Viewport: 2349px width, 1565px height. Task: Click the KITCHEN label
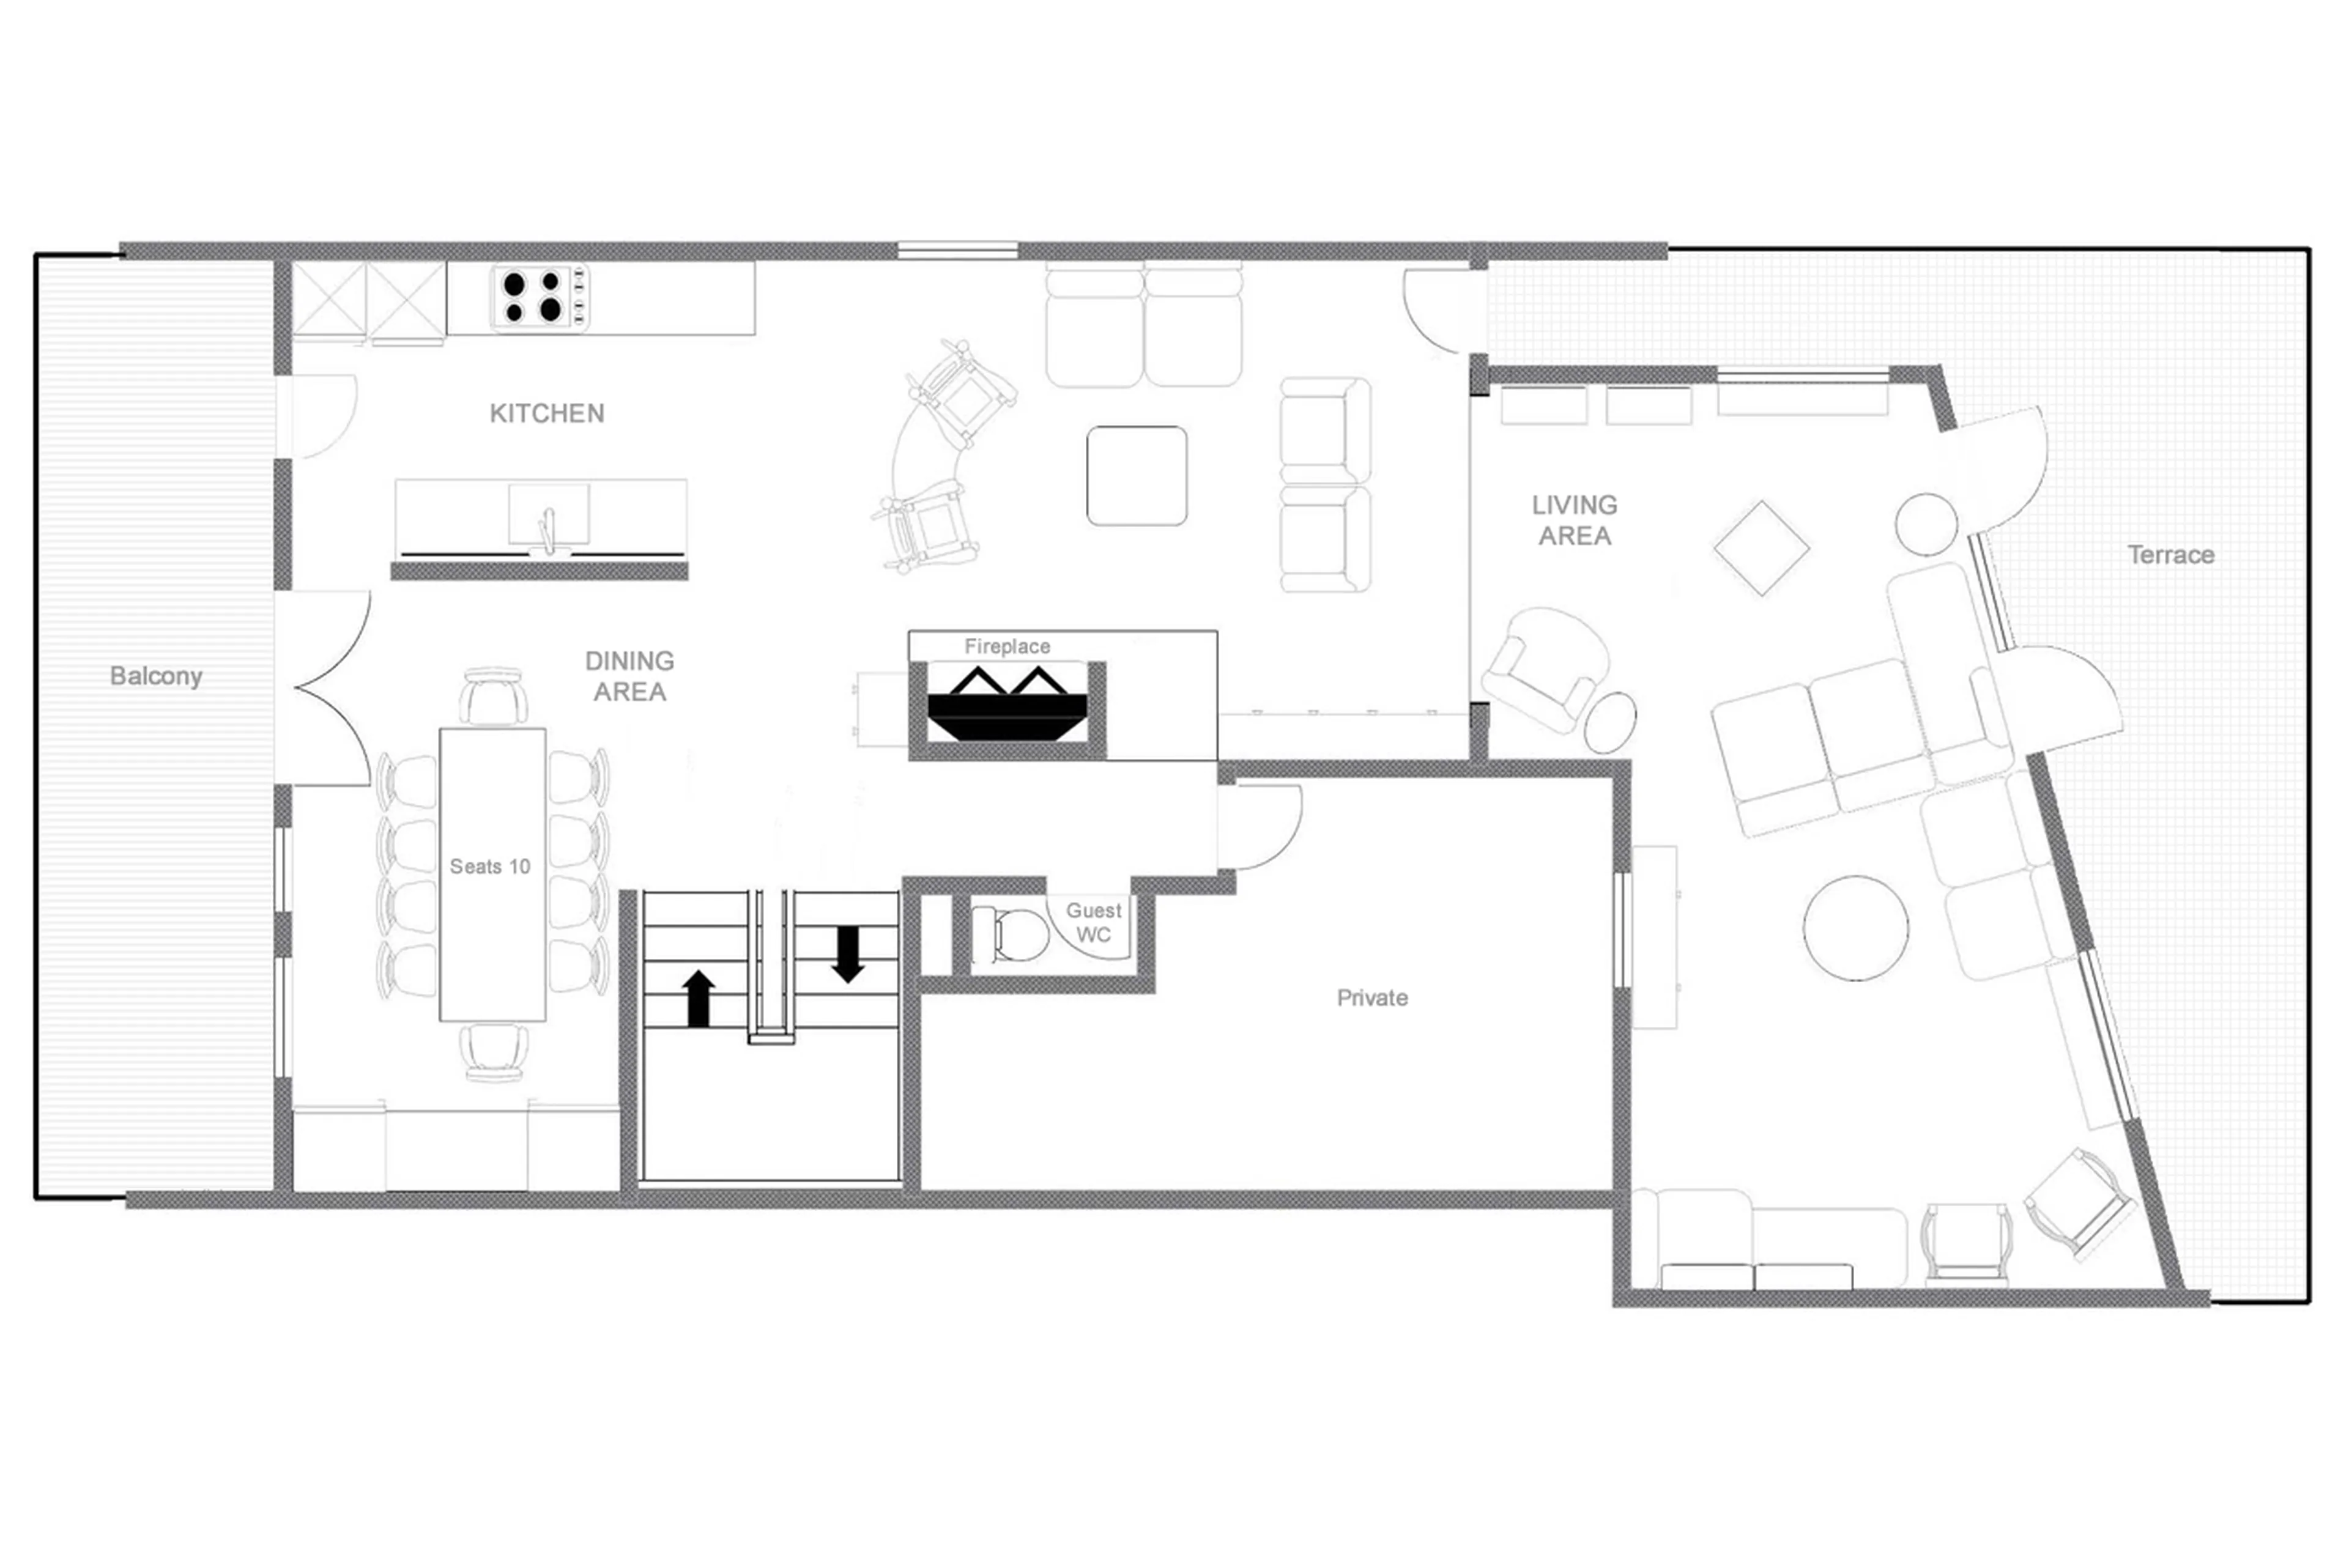[x=546, y=413]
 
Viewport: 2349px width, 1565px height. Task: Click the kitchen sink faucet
[x=547, y=529]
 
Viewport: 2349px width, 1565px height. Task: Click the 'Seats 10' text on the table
[x=489, y=867]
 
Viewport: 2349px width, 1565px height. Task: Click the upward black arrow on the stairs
[x=699, y=998]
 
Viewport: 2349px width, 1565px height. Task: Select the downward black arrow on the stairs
[x=848, y=954]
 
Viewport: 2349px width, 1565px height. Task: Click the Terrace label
[x=2170, y=555]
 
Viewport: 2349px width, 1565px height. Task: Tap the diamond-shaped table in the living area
[x=1761, y=548]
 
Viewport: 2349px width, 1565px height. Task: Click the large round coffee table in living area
[x=1855, y=928]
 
